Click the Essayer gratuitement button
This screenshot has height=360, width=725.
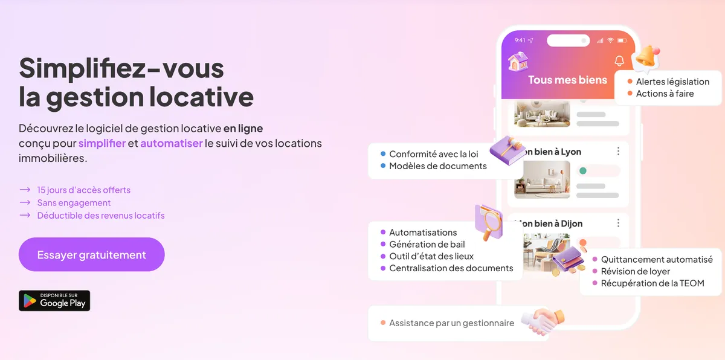pos(91,254)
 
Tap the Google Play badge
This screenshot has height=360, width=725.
pos(54,301)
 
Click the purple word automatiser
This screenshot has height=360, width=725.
pos(172,143)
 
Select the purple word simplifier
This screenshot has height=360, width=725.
pos(102,143)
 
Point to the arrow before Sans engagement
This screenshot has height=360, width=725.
pos(25,203)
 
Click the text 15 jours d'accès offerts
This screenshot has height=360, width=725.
pos(83,190)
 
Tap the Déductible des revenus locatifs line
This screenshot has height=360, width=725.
pos(100,216)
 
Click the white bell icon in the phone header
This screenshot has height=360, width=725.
pos(619,61)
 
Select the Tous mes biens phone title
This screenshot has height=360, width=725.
pos(567,80)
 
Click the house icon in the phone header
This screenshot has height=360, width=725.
pos(518,61)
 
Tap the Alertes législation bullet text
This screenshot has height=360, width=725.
pos(672,82)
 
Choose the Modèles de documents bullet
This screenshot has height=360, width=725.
pos(437,166)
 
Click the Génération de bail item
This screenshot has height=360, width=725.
pos(427,244)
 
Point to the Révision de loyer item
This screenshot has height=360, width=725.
pos(635,271)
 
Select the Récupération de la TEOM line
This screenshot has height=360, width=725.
pos(652,283)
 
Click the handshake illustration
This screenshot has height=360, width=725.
pos(542,321)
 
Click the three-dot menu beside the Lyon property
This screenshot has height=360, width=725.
pos(618,152)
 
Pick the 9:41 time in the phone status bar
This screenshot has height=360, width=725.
pos(520,40)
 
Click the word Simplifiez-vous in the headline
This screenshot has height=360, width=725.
pos(121,68)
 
